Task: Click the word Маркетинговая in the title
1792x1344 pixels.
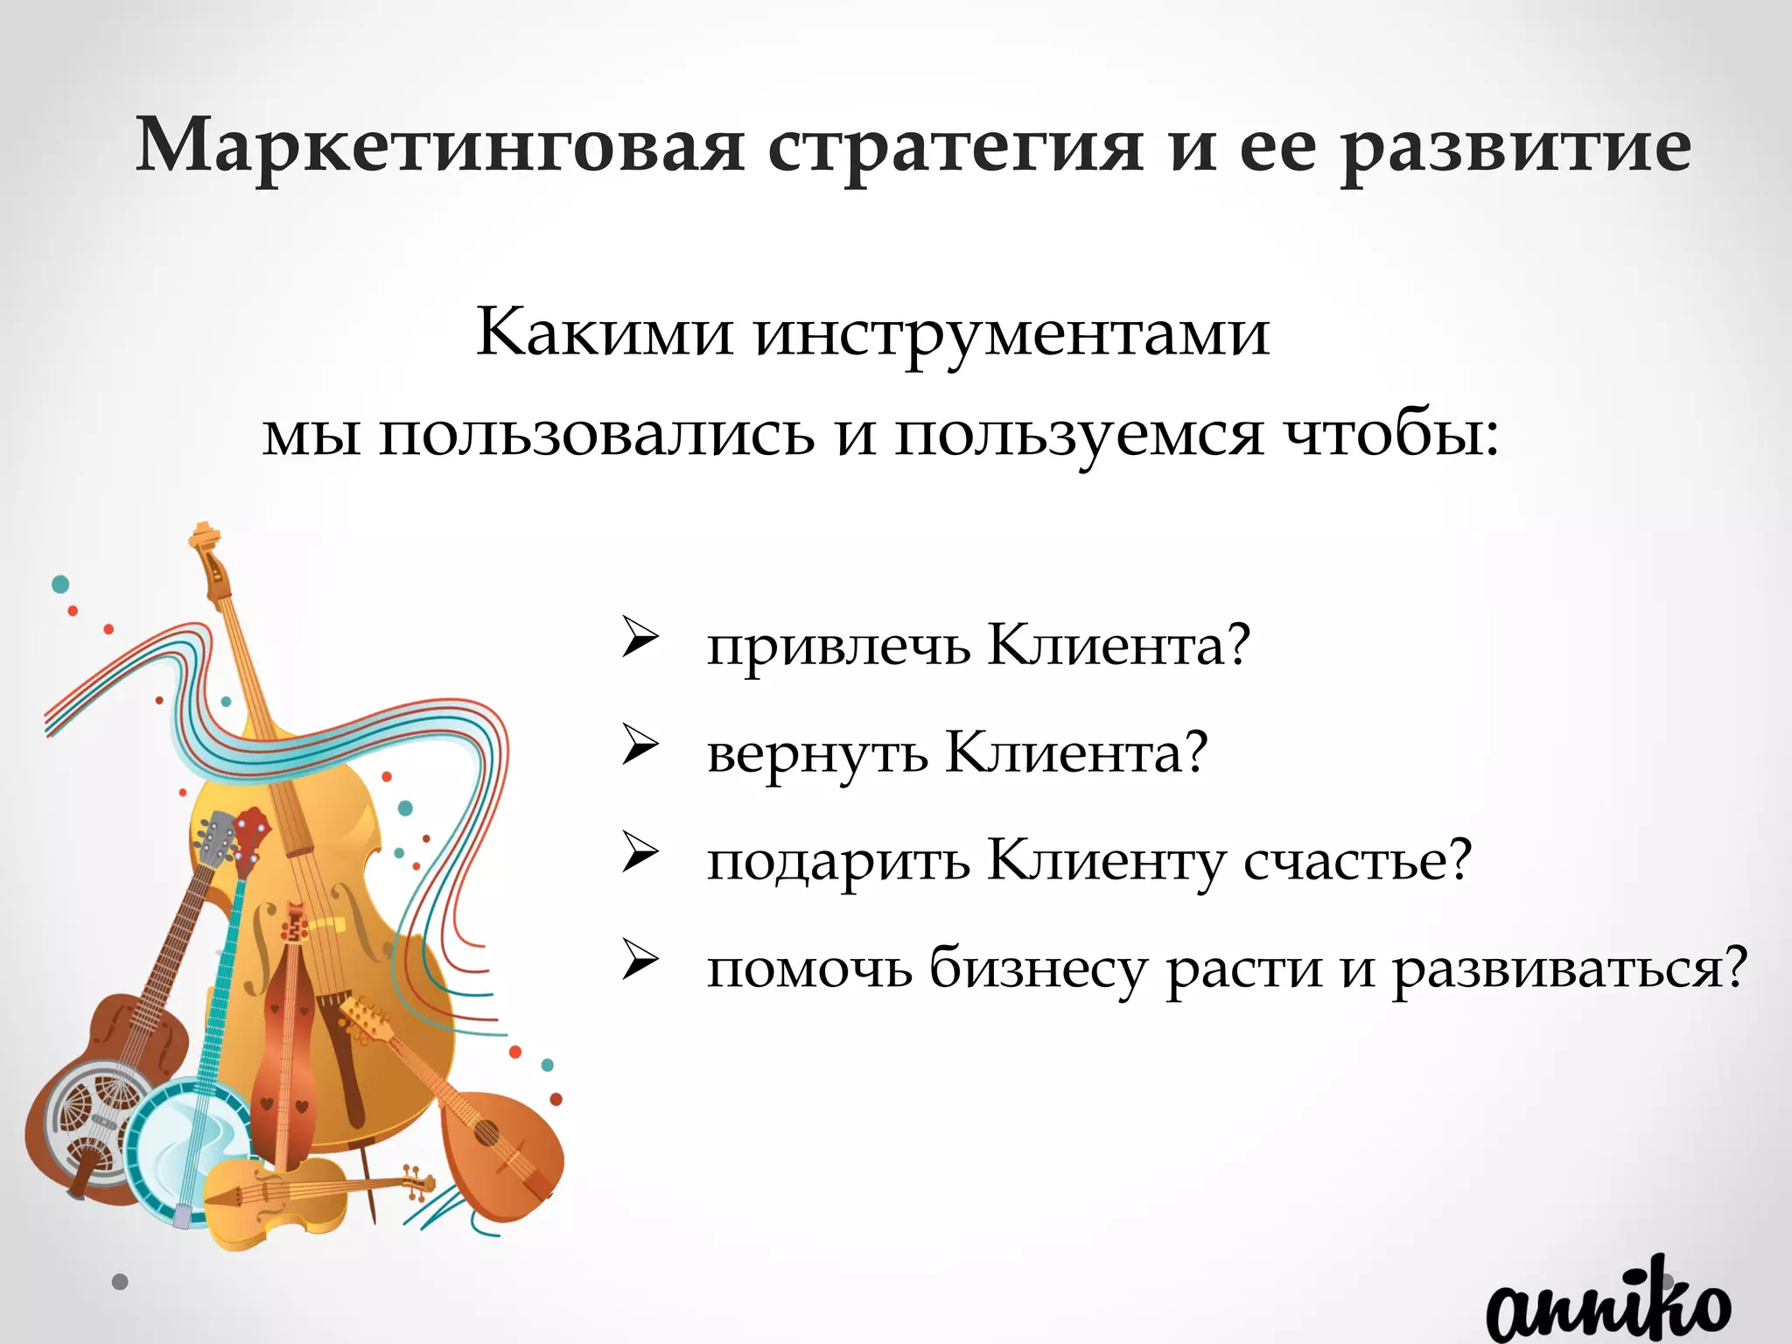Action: pyautogui.click(x=440, y=145)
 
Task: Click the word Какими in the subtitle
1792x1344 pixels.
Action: pyautogui.click(x=605, y=332)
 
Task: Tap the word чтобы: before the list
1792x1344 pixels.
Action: pyautogui.click(x=1391, y=434)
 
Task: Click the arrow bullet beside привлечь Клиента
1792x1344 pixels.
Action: pyautogui.click(x=640, y=638)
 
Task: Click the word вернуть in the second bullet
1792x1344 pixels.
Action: pyautogui.click(x=817, y=754)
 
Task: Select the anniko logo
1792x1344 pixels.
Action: pyautogui.click(x=1607, y=1308)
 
